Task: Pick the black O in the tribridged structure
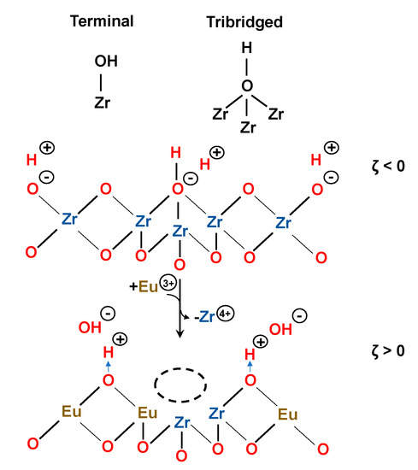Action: [247, 85]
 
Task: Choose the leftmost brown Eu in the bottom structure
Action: [72, 412]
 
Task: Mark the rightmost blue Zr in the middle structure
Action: [286, 221]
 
